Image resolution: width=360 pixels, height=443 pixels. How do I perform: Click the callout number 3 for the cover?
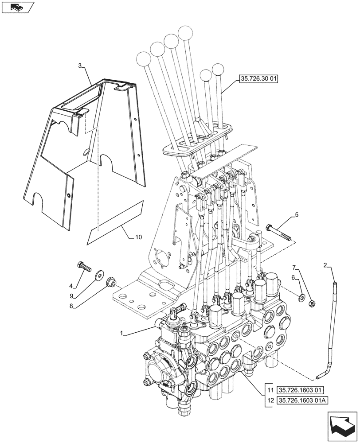pos(80,66)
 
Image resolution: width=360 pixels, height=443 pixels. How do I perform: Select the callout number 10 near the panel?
pos(138,237)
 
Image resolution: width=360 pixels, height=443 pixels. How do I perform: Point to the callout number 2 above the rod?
pos(325,265)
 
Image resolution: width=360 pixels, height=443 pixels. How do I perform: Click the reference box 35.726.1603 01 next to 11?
pos(301,390)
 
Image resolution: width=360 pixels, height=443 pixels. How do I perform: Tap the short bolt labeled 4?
pos(83,266)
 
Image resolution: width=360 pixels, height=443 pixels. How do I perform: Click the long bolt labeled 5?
pos(279,233)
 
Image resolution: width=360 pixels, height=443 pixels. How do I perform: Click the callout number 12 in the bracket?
pos(270,401)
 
